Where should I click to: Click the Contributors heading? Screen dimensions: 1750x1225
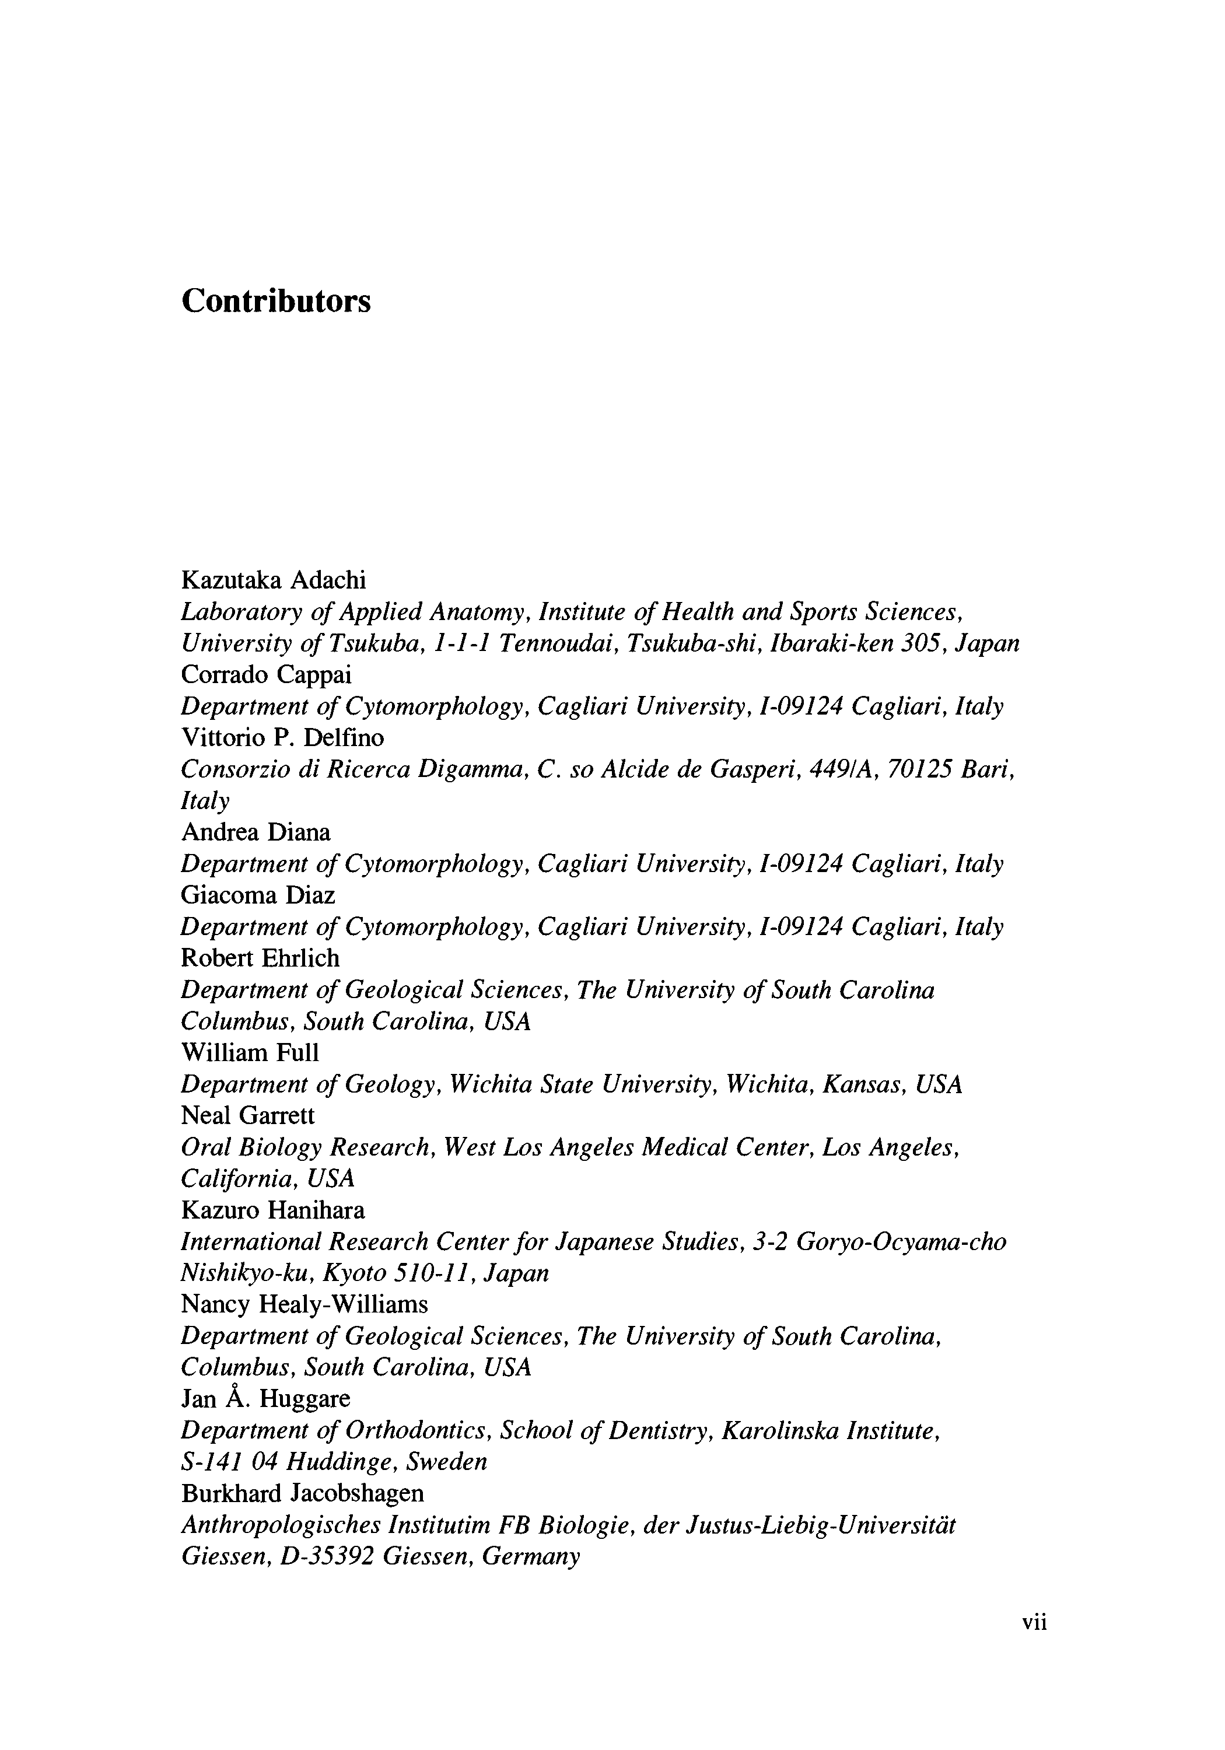click(276, 301)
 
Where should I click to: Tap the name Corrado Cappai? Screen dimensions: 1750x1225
click(266, 674)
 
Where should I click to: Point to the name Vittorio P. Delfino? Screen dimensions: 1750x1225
click(283, 738)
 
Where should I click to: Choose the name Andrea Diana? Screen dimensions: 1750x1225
click(256, 832)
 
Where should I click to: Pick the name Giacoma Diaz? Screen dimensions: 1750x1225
click(258, 895)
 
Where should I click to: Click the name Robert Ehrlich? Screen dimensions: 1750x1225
click(260, 958)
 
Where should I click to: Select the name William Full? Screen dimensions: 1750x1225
click(250, 1052)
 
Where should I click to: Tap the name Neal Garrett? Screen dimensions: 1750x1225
click(248, 1116)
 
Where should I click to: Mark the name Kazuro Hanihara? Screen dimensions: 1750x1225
click(273, 1210)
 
